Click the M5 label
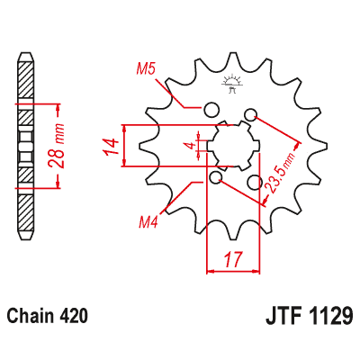(x=147, y=67)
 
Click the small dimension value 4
(x=188, y=145)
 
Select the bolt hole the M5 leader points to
(x=212, y=111)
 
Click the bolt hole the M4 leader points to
(x=215, y=179)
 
